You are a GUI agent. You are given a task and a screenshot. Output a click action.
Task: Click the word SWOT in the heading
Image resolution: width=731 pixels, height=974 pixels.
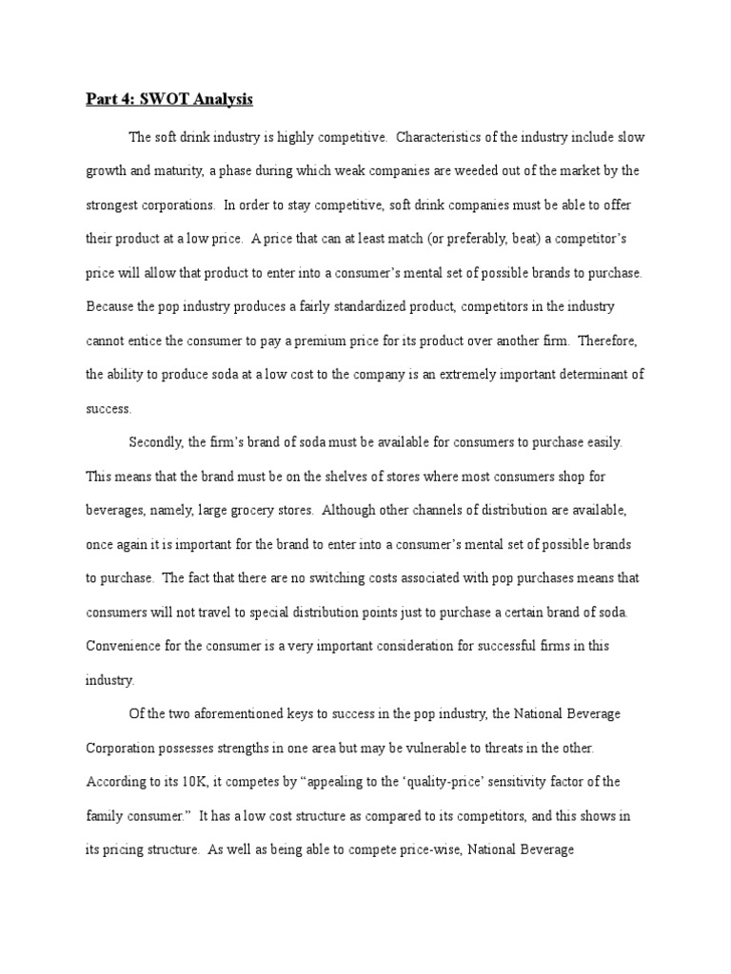point(165,99)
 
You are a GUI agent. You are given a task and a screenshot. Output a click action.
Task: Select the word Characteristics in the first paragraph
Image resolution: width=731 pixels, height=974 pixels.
point(445,137)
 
